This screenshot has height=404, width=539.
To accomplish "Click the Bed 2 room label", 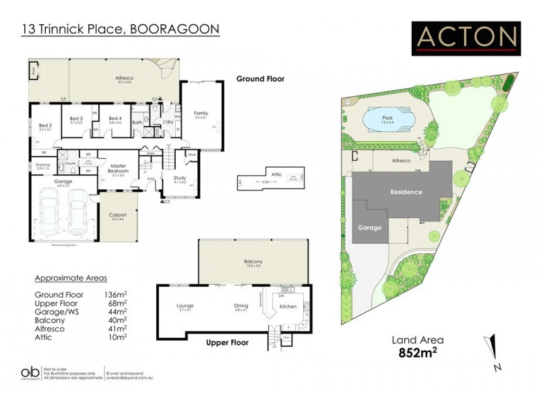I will pos(45,125).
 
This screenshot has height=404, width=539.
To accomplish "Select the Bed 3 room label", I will pos(76,119).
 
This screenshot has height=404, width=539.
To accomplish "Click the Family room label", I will pos(200,113).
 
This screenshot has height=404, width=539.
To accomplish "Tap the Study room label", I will pos(180,178).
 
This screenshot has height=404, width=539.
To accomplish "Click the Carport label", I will pos(119,215).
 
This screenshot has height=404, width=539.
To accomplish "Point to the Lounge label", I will pos(185,304).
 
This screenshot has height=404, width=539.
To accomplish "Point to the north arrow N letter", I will pos(497,368).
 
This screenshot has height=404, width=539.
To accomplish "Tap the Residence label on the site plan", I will pos(406,192).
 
